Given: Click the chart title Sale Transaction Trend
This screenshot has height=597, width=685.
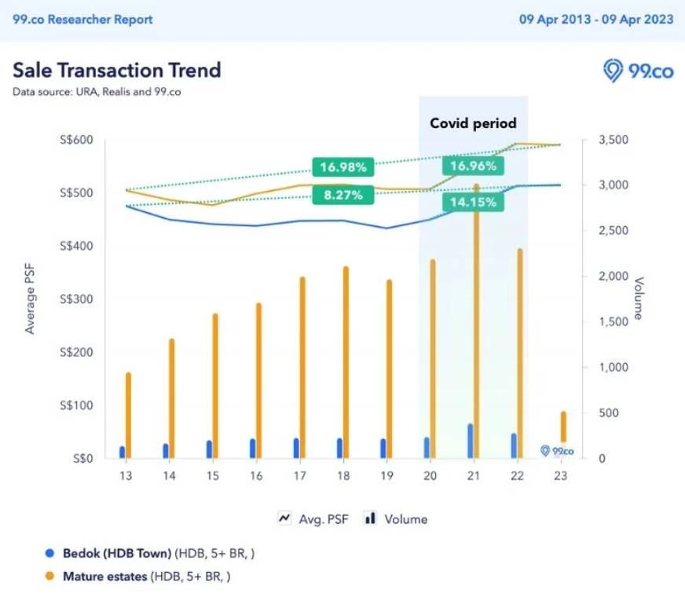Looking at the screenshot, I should pos(116,70).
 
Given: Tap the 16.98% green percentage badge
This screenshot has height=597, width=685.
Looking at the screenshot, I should pos(343,167).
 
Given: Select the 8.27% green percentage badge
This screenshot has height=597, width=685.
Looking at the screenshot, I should pos(343,195).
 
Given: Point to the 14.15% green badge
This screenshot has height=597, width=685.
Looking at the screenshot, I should pos(473,202).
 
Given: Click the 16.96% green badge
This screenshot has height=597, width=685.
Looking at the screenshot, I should pos(473,166).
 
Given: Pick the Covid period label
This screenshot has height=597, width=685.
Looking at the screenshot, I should pos(473,123).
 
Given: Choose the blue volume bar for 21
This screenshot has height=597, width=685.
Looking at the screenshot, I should pos(471,441).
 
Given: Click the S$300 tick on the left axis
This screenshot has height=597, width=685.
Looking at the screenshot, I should pos(77,299).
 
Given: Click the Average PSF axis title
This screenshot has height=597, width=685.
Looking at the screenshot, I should pos(31,299).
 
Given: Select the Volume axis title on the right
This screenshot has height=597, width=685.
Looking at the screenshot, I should pos(639,298).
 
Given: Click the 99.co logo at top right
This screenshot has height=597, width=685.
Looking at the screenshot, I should pos(639,71).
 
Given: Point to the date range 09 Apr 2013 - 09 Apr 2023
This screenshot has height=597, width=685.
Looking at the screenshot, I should pos(595,19).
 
